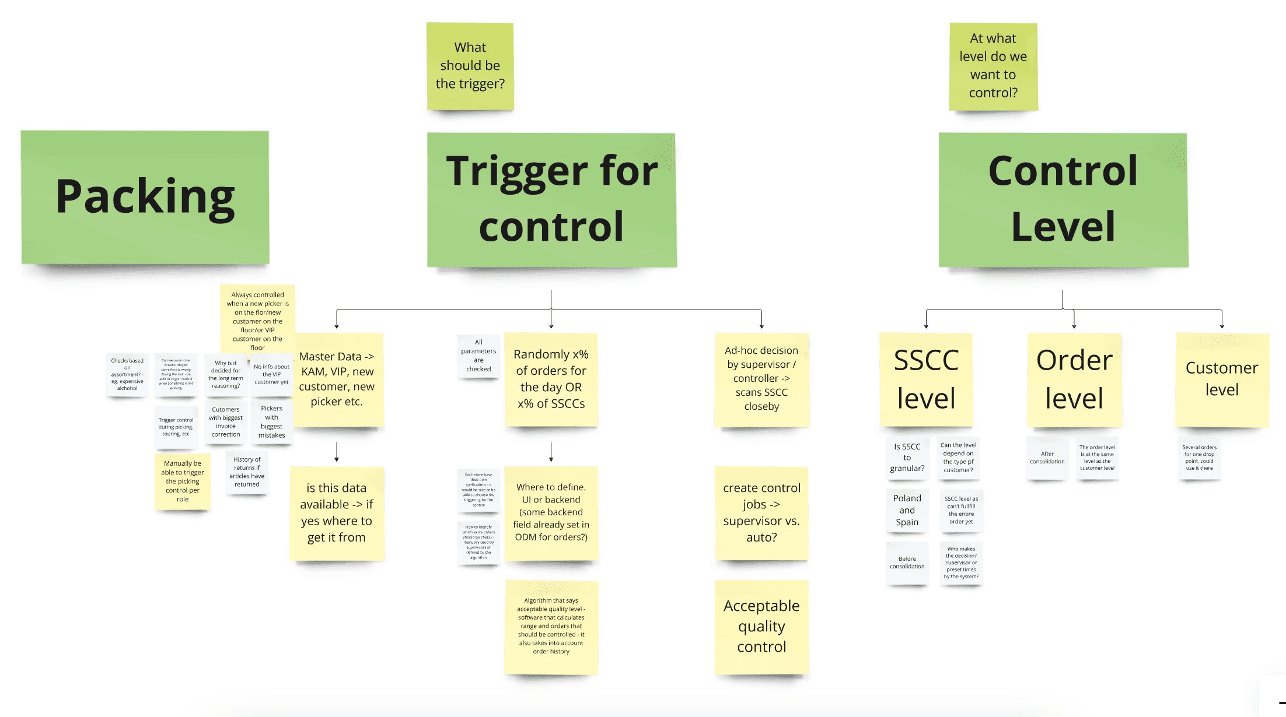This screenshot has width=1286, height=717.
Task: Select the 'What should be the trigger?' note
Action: [470, 66]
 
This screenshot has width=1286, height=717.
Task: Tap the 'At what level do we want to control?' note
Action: [993, 66]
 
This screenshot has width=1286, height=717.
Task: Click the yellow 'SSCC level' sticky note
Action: [926, 379]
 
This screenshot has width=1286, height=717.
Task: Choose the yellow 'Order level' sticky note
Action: [1074, 379]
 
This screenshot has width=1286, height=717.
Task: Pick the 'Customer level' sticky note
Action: [1222, 379]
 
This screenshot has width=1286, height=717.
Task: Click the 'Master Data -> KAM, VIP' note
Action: [337, 379]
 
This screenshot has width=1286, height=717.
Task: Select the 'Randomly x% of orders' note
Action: [551, 379]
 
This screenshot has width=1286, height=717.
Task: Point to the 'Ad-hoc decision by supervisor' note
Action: [761, 379]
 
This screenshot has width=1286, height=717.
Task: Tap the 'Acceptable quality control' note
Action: [761, 627]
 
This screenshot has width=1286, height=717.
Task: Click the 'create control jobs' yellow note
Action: [761, 513]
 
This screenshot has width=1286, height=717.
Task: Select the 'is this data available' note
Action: [337, 513]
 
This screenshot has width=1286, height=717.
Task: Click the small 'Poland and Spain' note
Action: [907, 510]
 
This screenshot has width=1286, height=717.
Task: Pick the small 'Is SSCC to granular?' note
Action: [907, 458]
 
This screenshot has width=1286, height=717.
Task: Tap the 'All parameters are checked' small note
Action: [478, 356]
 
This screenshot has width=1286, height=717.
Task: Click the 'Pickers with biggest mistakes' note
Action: [272, 422]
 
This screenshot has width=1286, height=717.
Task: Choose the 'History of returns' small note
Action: [247, 472]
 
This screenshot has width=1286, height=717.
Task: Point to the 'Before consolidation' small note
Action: [907, 563]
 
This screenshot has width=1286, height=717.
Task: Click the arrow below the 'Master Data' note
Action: [337, 452]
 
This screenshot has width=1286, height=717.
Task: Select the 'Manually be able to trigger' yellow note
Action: [183, 481]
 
